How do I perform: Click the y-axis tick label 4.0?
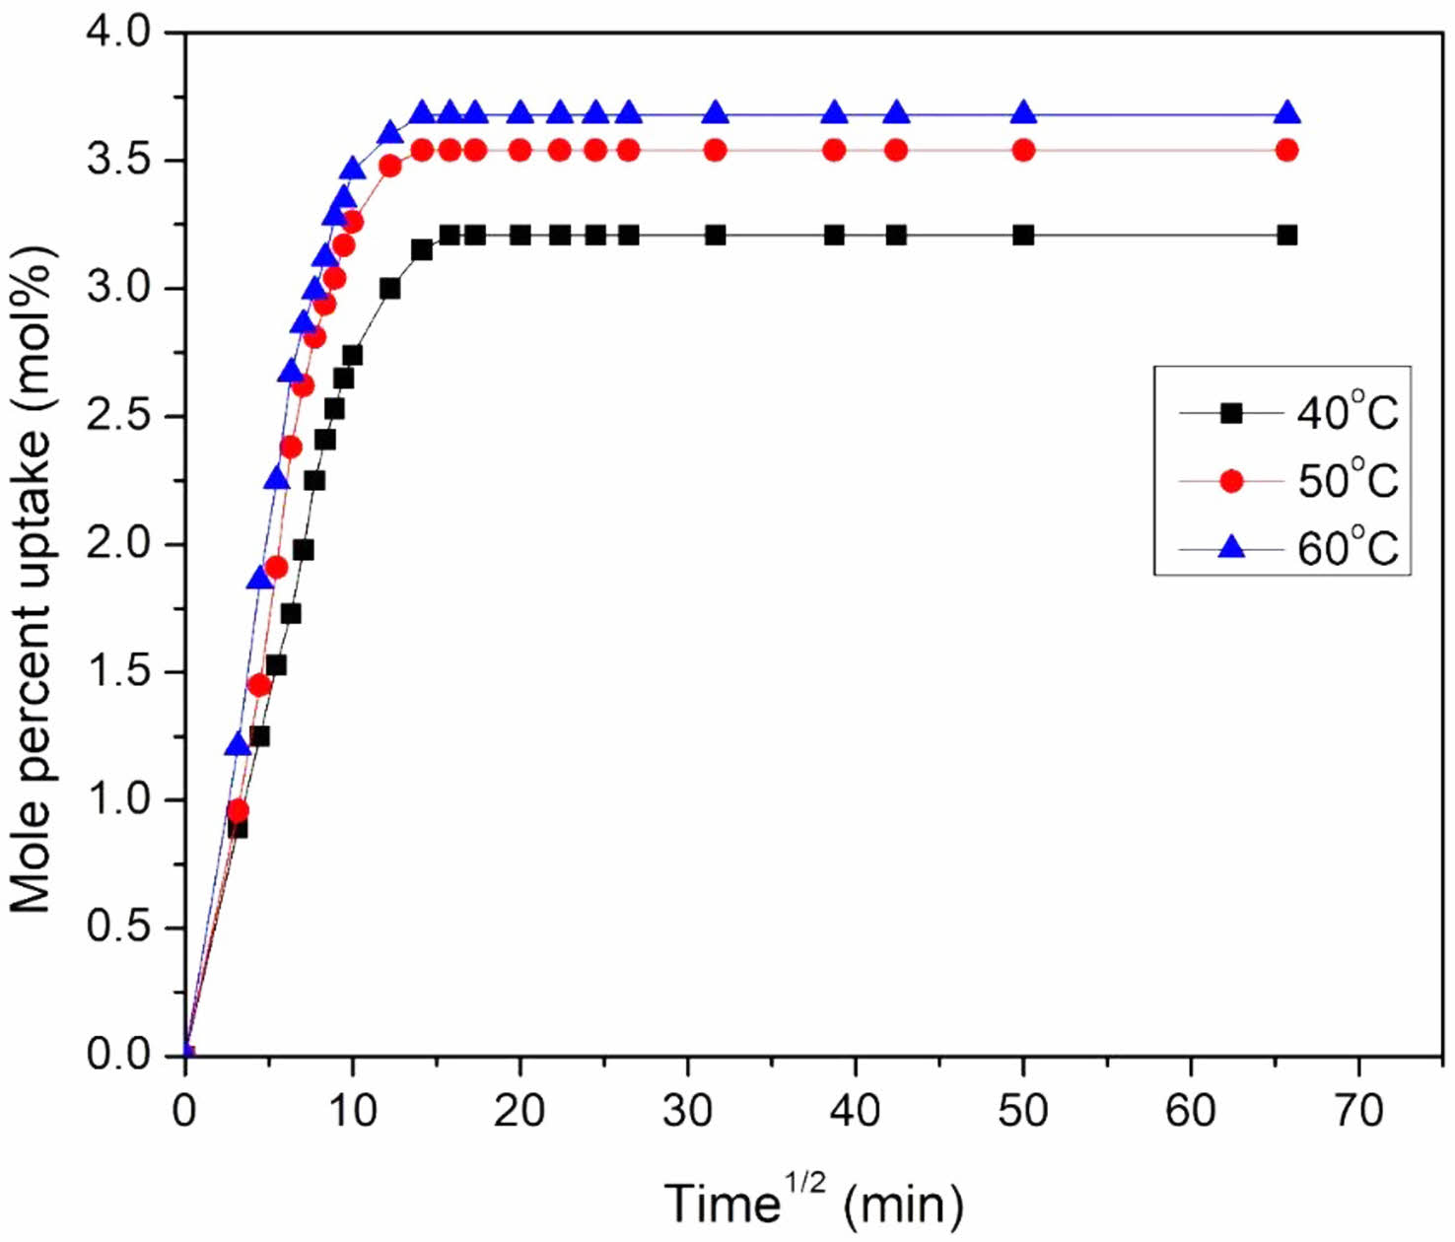118,33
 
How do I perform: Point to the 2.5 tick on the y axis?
118,416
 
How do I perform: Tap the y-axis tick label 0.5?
118,928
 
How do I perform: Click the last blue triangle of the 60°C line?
1286,112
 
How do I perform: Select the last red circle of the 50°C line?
1286,150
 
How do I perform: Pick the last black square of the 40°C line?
1286,235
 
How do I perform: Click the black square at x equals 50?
1023,235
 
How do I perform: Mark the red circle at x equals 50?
1023,150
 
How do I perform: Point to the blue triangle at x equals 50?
1023,112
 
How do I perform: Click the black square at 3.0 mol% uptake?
389,288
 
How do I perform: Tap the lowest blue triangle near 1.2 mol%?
238,744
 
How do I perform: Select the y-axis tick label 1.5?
118,672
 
